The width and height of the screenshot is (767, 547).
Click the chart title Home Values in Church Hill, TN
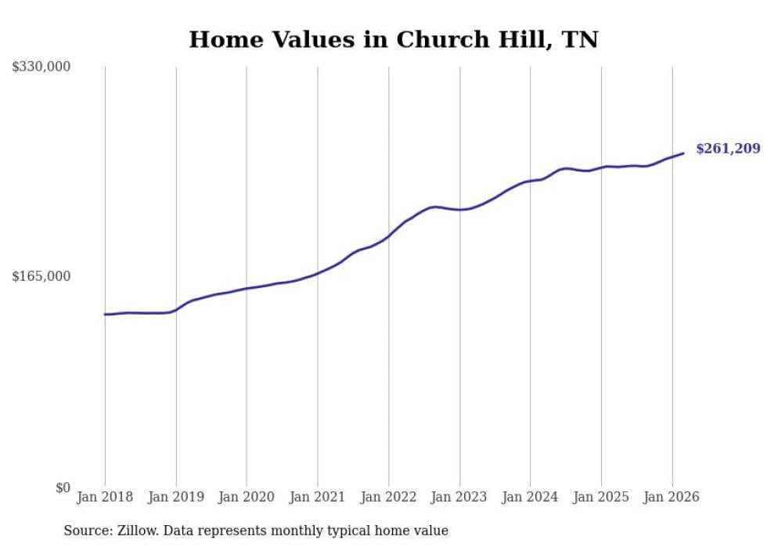393,39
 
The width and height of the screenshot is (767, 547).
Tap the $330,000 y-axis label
41,67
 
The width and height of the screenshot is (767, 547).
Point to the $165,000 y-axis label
41,276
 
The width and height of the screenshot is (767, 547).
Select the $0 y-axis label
63,488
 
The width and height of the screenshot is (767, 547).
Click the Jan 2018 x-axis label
105,497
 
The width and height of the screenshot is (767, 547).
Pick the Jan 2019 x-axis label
176,497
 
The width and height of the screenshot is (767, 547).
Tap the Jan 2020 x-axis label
247,497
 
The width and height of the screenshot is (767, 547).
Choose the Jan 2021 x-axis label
318,497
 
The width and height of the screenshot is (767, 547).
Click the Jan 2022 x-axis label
389,497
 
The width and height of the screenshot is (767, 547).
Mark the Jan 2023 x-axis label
459,497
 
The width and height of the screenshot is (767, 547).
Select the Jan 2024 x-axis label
531,497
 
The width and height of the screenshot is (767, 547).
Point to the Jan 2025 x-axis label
601,497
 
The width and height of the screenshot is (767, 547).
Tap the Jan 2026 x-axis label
672,497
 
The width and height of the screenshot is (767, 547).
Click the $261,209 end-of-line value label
727,149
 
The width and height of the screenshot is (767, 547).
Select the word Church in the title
440,39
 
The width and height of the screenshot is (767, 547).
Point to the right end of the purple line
683,153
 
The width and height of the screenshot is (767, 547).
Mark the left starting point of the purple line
105,314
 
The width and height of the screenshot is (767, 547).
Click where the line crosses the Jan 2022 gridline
389,236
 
